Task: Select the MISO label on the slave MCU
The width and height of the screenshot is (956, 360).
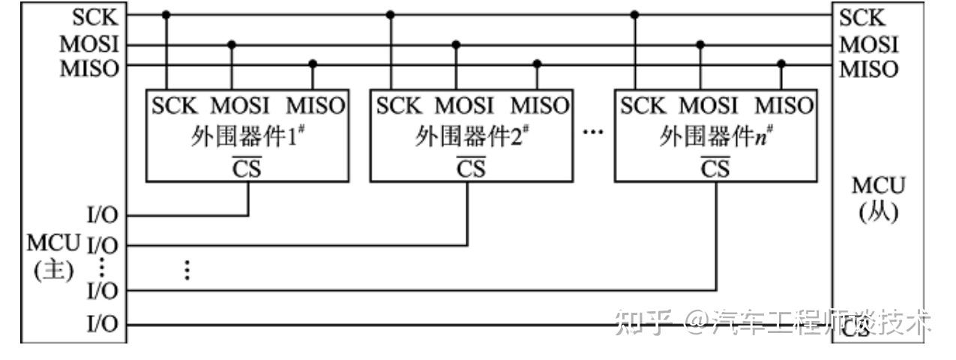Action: [868, 69]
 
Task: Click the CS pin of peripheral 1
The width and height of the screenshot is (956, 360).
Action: [248, 169]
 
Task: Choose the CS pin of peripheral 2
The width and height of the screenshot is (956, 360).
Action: [472, 169]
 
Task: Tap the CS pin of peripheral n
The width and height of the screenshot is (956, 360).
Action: [715, 169]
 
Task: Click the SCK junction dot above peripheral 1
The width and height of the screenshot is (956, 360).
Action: [166, 14]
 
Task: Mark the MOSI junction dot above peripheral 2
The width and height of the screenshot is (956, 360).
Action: [455, 44]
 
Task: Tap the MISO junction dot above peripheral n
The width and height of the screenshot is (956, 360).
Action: [781, 64]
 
